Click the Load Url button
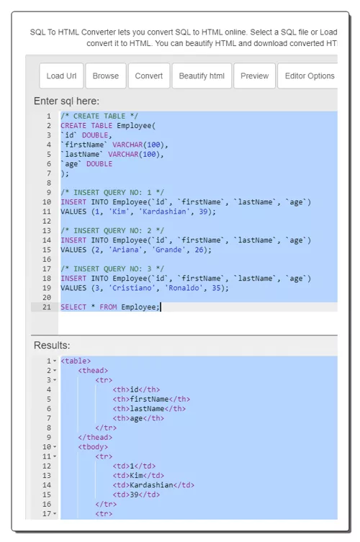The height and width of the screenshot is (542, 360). (x=61, y=76)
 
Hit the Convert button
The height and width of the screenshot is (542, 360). (x=149, y=76)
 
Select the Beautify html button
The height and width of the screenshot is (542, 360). (x=202, y=76)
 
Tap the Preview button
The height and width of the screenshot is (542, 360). (x=255, y=76)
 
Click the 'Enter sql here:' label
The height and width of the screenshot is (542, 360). (x=66, y=101)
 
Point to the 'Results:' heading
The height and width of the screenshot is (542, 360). (x=52, y=345)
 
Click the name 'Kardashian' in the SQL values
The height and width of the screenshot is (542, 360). (x=164, y=212)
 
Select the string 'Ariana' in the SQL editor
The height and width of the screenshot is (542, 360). (x=125, y=250)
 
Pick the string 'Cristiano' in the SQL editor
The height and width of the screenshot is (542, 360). (x=132, y=288)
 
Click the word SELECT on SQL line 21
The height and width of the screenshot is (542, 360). (x=73, y=307)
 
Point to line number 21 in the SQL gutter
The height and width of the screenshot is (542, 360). (x=47, y=307)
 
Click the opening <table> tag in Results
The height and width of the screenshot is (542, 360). (x=76, y=361)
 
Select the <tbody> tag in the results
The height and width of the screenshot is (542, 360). (x=93, y=446)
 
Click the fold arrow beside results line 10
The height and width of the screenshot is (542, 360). (x=55, y=447)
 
